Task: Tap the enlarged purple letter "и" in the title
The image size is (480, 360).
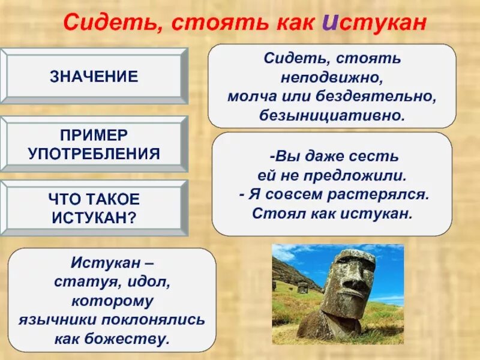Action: (x=329, y=22)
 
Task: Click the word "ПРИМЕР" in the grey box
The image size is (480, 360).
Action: (x=93, y=136)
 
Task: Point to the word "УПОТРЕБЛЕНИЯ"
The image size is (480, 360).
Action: (x=94, y=154)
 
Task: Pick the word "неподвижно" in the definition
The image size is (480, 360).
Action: (x=332, y=77)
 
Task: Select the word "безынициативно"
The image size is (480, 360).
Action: (x=332, y=114)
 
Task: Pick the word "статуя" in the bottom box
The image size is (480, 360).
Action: (x=77, y=281)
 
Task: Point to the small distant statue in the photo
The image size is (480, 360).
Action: (x=303, y=287)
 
